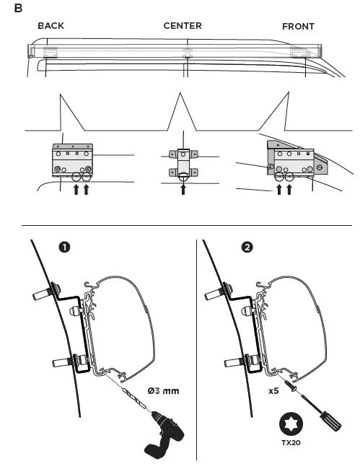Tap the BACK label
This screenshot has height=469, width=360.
click(x=51, y=26)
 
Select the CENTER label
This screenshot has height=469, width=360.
click(x=183, y=26)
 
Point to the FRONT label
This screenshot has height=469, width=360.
click(x=298, y=27)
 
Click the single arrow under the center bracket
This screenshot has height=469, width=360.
click(x=183, y=190)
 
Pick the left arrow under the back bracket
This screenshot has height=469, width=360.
click(x=77, y=190)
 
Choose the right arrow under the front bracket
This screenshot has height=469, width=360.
click(x=289, y=190)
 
